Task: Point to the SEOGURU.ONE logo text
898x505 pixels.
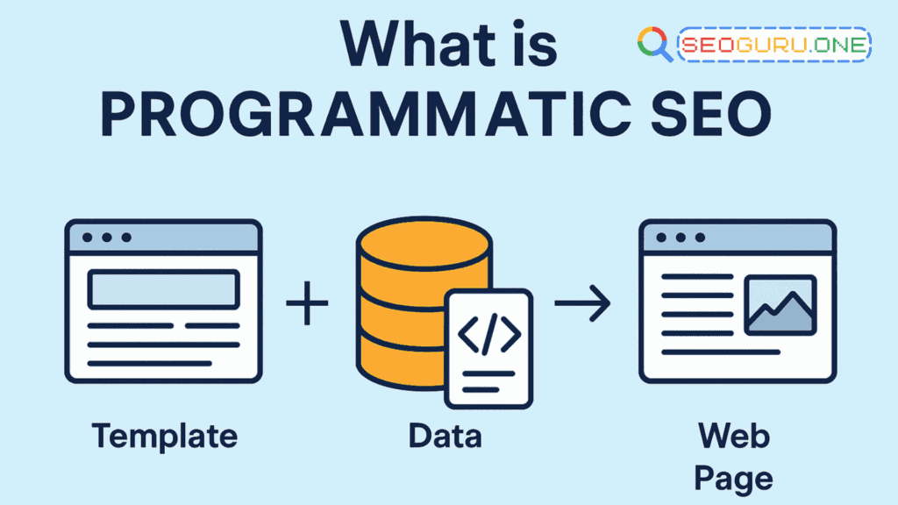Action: click(x=773, y=44)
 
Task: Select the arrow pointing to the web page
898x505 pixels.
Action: click(x=583, y=304)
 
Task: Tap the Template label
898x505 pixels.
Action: click(x=164, y=436)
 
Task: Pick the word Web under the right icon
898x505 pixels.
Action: click(x=735, y=436)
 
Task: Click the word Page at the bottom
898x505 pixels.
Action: click(x=735, y=477)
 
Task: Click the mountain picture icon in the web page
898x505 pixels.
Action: click(x=780, y=305)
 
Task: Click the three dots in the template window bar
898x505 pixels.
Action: click(x=108, y=237)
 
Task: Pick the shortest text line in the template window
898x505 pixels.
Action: click(x=150, y=362)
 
